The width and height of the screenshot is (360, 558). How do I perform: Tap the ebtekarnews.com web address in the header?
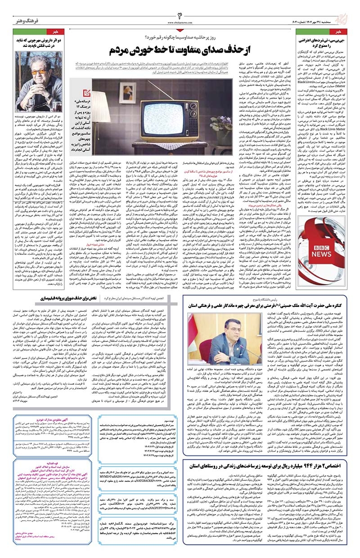click(x=180, y=22)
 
